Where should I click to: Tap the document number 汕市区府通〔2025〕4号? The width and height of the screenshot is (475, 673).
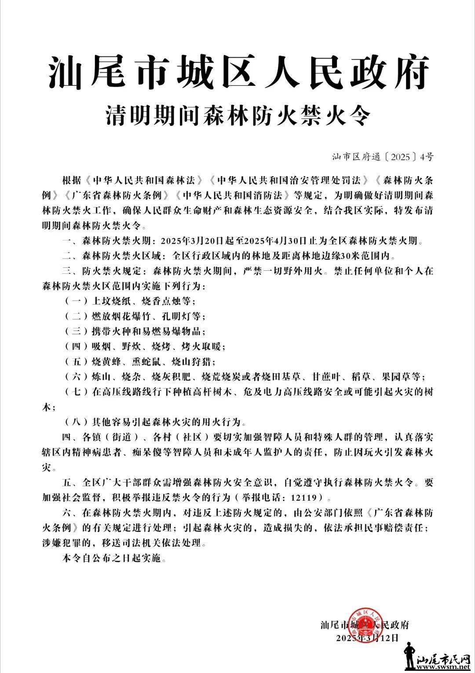coord(383,156)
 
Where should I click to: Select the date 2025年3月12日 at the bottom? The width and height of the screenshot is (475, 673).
coord(368,637)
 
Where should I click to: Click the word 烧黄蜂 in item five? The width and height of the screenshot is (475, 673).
coord(105,362)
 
